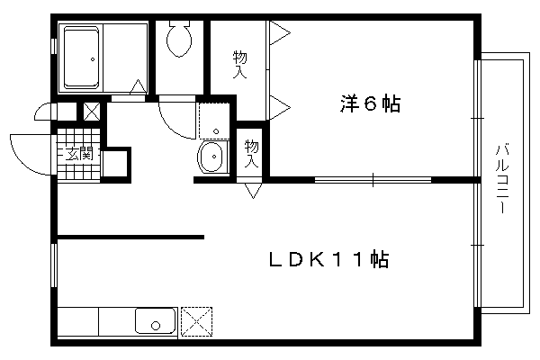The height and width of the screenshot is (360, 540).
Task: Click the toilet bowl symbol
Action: [x=179, y=38]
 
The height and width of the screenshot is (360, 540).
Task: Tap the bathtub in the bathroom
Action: [x=81, y=58]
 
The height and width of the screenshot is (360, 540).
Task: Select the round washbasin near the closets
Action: [x=211, y=157]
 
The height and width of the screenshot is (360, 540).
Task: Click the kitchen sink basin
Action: [x=156, y=320]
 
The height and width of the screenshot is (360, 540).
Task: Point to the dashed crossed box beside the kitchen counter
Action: [x=196, y=321]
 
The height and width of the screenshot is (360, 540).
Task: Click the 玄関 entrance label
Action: [x=79, y=153]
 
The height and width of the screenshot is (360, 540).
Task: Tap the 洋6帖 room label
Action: [x=370, y=103]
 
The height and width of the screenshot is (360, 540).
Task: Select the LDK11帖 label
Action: [x=328, y=260]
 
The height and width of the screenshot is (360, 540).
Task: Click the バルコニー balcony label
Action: [x=502, y=179]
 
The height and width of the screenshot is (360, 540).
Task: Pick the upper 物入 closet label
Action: [x=240, y=65]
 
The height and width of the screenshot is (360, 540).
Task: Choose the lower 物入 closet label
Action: [x=251, y=154]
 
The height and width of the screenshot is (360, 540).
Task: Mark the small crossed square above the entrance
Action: [x=92, y=112]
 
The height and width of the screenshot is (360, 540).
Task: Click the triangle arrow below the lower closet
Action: [x=253, y=191]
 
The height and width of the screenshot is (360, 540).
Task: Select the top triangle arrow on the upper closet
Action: [x=279, y=33]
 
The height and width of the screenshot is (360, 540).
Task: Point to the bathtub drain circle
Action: [x=93, y=59]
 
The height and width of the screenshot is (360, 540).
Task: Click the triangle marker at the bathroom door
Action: [x=138, y=86]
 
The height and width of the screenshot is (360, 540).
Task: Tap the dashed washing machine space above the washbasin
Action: [x=214, y=121]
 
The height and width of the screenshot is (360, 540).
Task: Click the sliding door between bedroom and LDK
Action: [x=373, y=179]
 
